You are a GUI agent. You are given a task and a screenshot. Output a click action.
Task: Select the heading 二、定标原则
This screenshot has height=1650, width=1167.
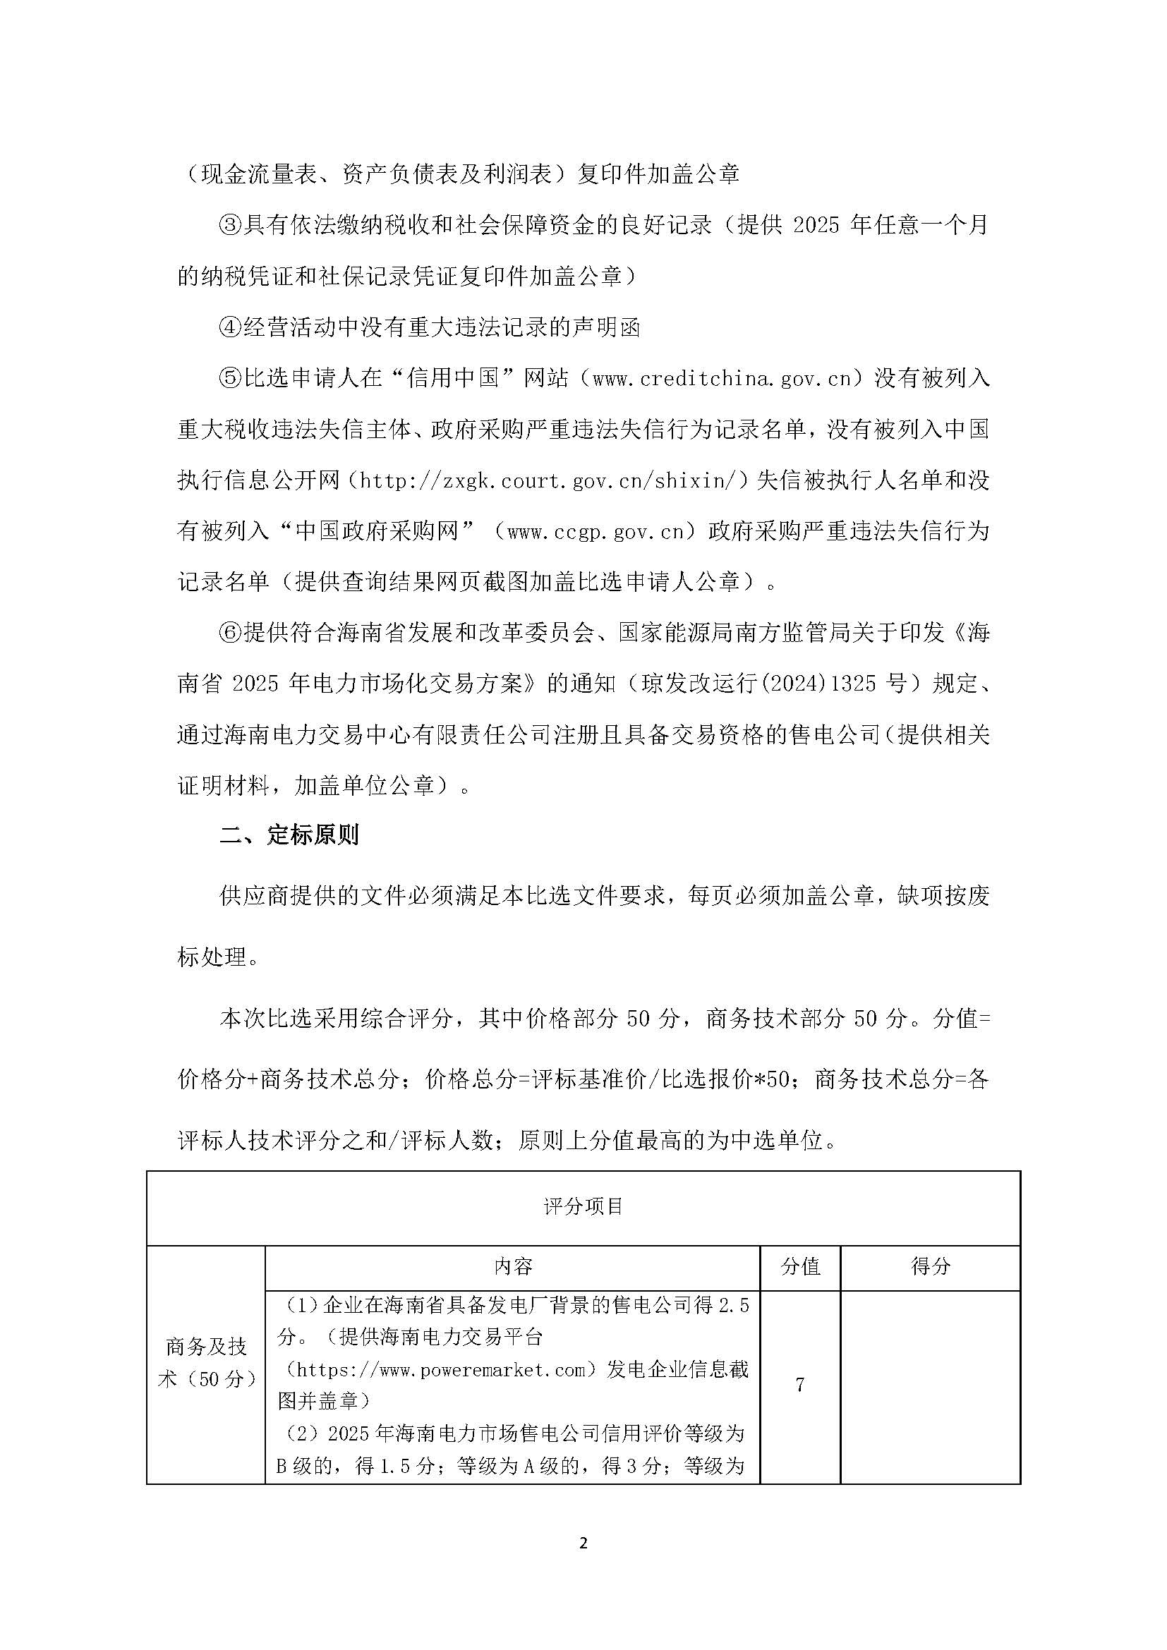[x=289, y=835]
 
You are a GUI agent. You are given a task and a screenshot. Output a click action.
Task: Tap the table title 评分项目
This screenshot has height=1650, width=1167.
[x=583, y=1206]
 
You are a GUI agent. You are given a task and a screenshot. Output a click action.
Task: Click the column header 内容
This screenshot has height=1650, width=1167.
[x=513, y=1266]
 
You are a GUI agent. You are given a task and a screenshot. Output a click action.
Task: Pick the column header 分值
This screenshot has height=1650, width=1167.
[x=800, y=1266]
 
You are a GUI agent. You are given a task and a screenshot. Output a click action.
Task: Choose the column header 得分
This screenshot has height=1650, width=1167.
[x=930, y=1266]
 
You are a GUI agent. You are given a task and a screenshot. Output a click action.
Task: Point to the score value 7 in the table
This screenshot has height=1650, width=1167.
[x=800, y=1384]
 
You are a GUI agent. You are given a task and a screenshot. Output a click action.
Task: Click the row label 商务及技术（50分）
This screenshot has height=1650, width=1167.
[x=206, y=1363]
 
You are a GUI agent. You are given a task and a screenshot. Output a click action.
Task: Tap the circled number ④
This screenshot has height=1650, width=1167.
[x=230, y=328]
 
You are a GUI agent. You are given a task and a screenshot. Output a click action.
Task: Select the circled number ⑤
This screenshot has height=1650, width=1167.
[x=230, y=379]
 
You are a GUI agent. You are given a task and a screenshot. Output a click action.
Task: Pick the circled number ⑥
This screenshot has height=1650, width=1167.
[x=230, y=633]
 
